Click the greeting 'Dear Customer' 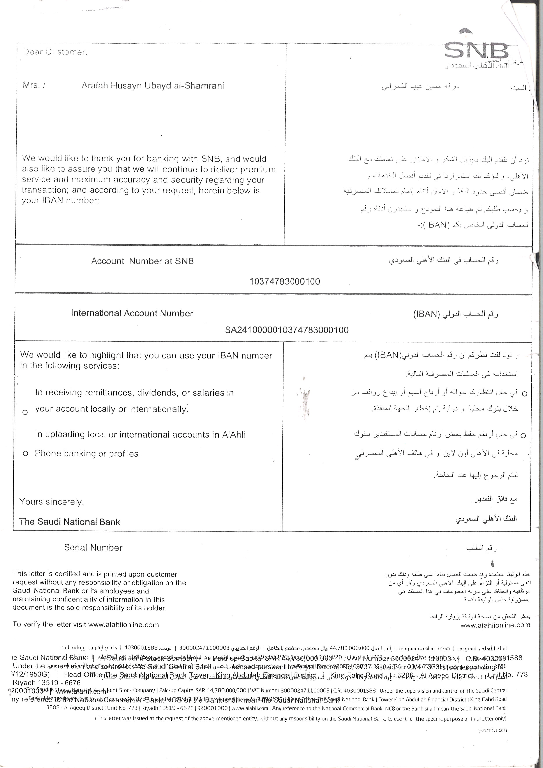[55, 52]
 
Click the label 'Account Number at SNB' [143, 261]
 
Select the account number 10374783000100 [285, 281]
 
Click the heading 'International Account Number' [132, 313]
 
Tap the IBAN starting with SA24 [287, 330]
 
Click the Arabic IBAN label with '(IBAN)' [456, 314]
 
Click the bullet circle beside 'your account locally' [25, 412]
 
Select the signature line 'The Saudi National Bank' [70, 522]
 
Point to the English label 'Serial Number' [93, 547]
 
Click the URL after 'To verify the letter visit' [123, 625]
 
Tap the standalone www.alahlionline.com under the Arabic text [495, 625]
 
